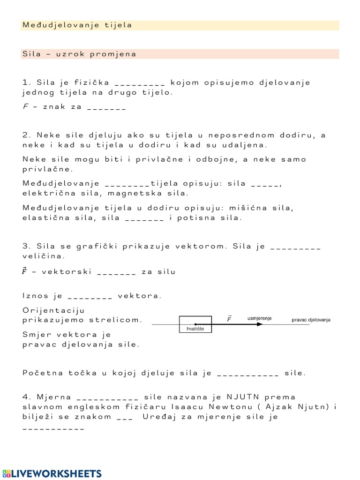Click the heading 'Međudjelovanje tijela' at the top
point(77,25)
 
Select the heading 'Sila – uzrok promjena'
point(79,54)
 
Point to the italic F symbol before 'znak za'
point(25,106)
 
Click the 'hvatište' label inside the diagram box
point(192,329)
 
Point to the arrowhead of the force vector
point(260,324)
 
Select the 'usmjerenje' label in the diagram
point(260,318)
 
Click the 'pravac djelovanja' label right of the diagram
point(311,320)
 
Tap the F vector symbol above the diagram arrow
point(229,319)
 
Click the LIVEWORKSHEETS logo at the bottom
point(52,473)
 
